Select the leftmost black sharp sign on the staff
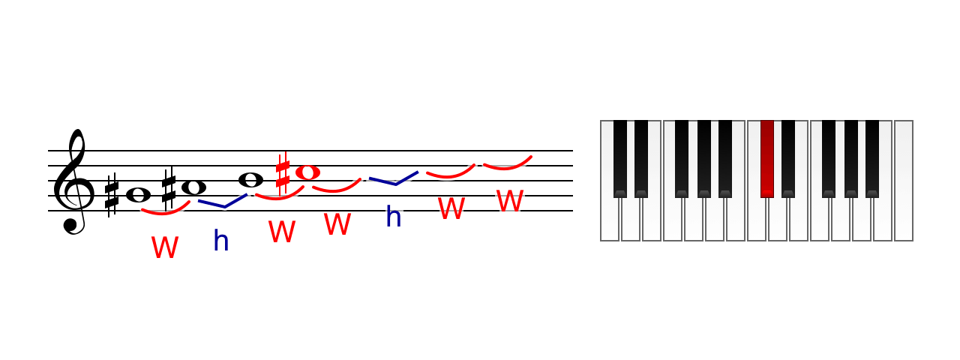tap(112, 196)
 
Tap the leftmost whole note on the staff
tap(139, 196)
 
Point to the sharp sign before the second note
tap(169, 188)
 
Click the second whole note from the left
tap(193, 187)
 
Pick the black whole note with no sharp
tap(250, 180)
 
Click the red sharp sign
tap(283, 173)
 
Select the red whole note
tap(307, 172)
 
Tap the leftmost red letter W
tap(165, 247)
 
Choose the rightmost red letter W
tap(510, 200)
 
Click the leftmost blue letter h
tap(221, 241)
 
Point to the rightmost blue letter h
tap(394, 216)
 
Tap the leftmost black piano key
tap(620, 159)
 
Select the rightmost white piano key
tap(904, 181)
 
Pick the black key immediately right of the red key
tap(788, 159)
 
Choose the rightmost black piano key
tap(872, 159)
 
